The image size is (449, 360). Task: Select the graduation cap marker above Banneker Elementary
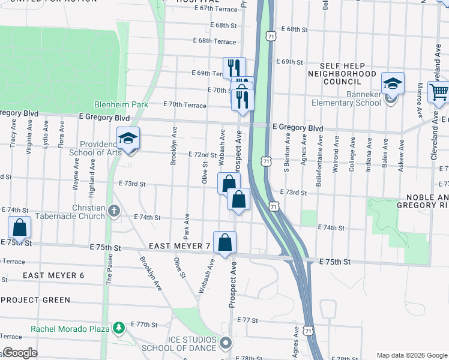(x=393, y=83)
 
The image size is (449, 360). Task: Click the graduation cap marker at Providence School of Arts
(x=128, y=139)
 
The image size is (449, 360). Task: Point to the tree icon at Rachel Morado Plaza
(x=119, y=328)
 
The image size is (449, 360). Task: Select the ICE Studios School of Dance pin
(x=226, y=344)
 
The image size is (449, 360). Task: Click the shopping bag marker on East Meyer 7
(x=224, y=243)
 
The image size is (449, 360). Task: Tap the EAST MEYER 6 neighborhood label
(x=53, y=275)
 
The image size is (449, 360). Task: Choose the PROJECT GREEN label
(x=35, y=299)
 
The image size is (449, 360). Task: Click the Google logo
(x=20, y=353)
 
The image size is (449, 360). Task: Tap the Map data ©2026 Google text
(x=411, y=355)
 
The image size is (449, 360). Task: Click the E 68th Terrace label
(x=214, y=41)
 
